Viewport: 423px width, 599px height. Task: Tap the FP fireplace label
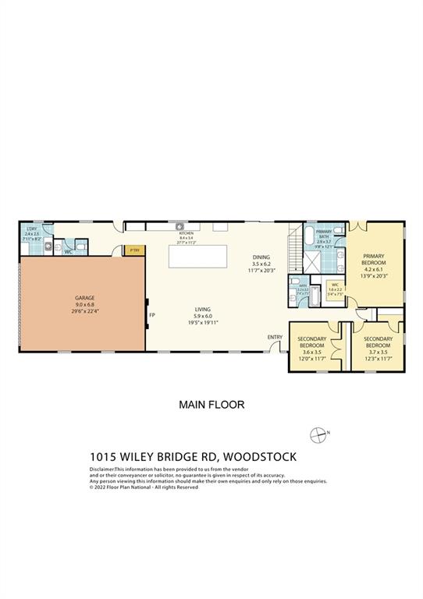pyautogui.click(x=152, y=315)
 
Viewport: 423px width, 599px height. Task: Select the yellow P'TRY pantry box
pyautogui.click(x=134, y=250)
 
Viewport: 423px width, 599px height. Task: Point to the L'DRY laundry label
pyautogui.click(x=31, y=229)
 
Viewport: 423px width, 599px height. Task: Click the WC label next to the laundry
pyautogui.click(x=68, y=251)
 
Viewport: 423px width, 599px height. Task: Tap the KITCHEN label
pyautogui.click(x=186, y=233)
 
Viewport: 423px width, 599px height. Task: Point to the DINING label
pyautogui.click(x=261, y=257)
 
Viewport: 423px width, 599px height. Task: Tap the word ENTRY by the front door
pyautogui.click(x=275, y=337)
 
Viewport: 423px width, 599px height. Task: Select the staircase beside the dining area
pyautogui.click(x=294, y=248)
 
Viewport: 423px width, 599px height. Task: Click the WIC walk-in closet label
pyautogui.click(x=333, y=285)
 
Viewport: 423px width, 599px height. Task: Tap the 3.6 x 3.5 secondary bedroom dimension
pyautogui.click(x=311, y=352)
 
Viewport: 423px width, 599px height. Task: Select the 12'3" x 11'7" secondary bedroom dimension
pyautogui.click(x=376, y=358)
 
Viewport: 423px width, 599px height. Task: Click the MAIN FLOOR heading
pyautogui.click(x=211, y=404)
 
